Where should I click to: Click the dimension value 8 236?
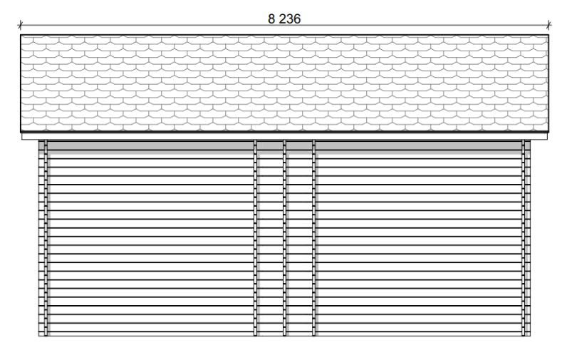click(284, 19)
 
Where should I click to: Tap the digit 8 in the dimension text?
click(271, 19)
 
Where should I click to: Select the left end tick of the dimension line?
click(21, 25)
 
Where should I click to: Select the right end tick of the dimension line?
click(548, 25)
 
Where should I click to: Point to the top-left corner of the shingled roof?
click(21, 35)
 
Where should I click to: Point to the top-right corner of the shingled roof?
click(548, 35)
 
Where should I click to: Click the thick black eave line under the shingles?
click(284, 131)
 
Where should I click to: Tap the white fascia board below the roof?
click(284, 136)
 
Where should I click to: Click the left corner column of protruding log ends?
click(43, 237)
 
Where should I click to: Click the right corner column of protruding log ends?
click(526, 237)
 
